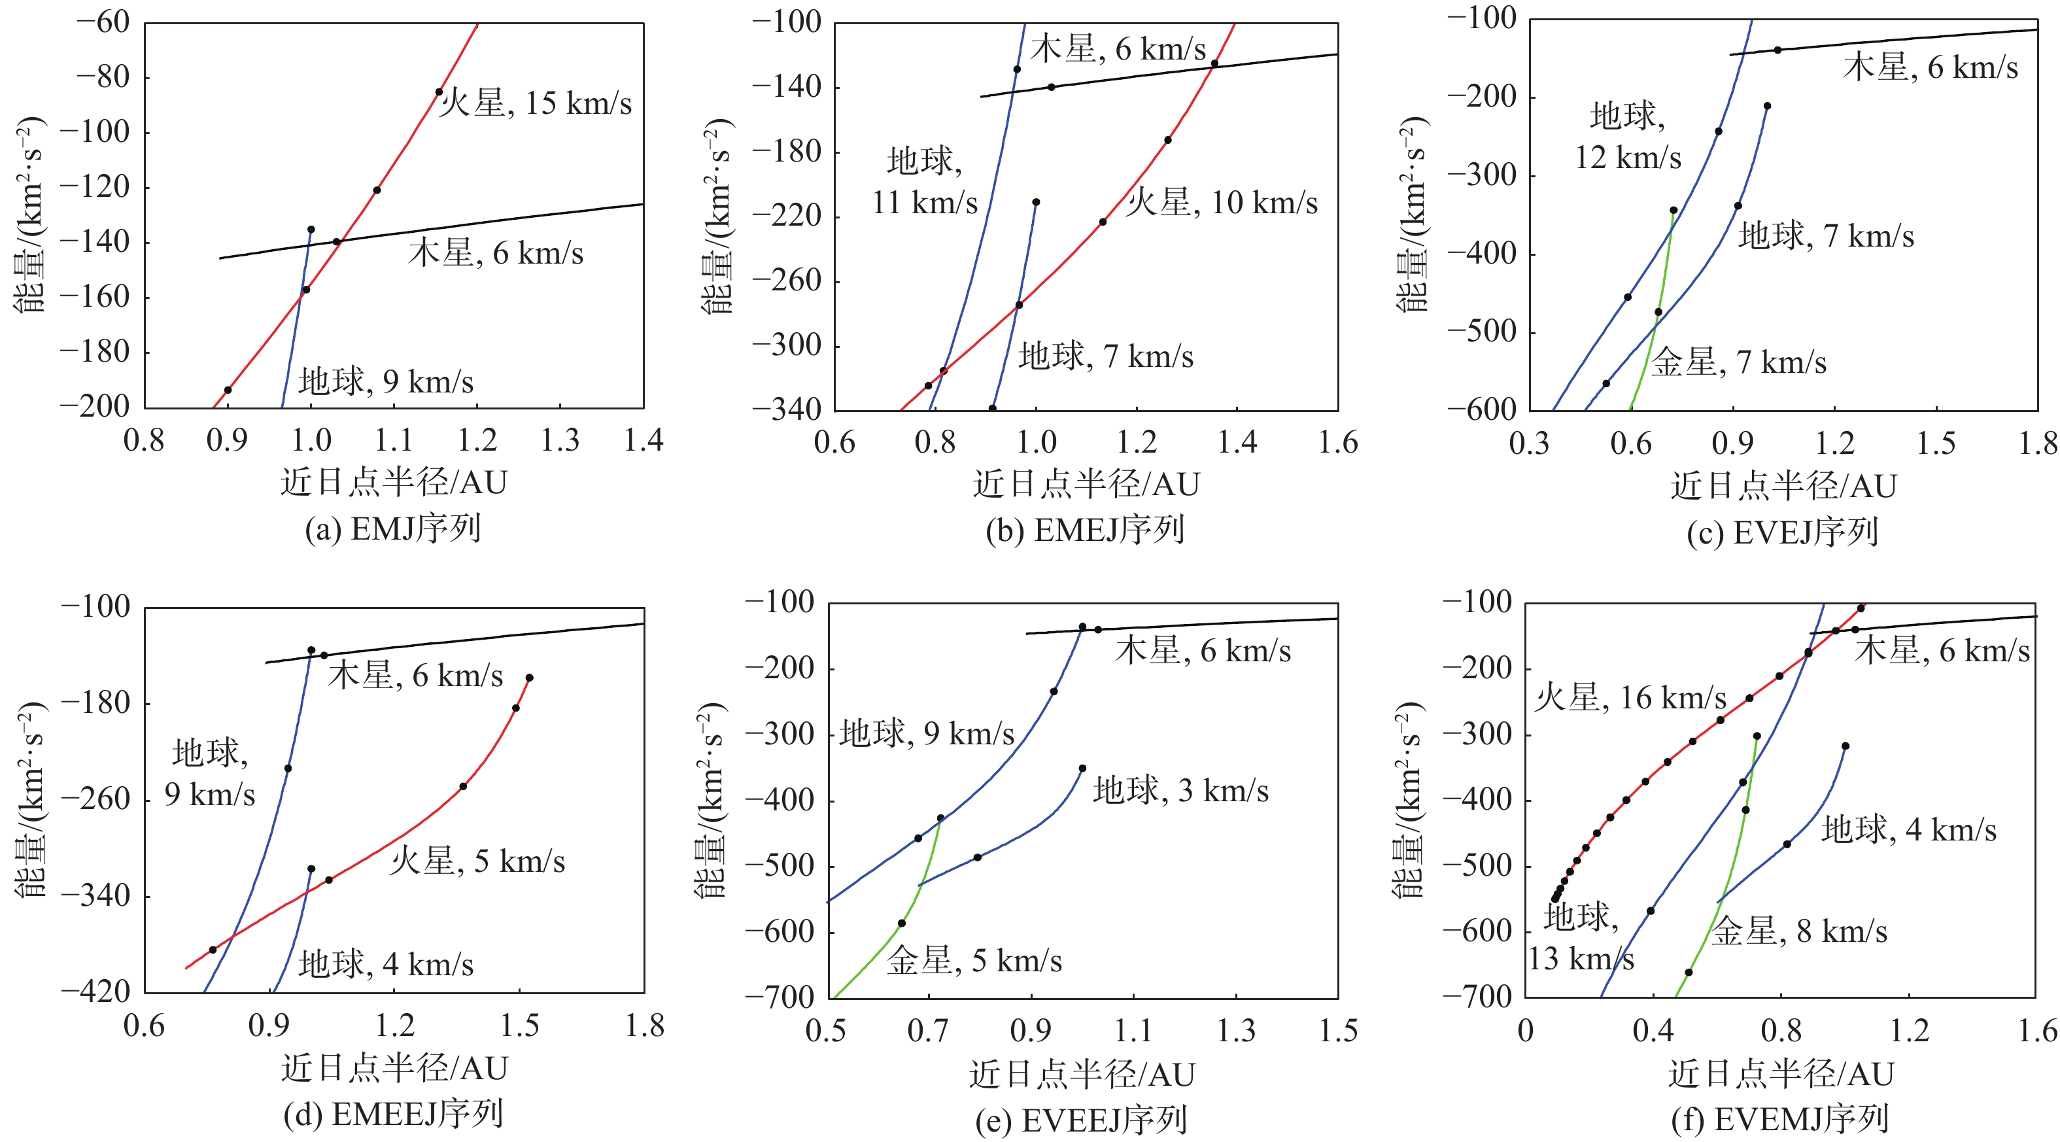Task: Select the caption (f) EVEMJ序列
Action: [x=1780, y=1119]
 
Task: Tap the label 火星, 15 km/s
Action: [x=535, y=103]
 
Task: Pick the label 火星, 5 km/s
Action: [x=477, y=861]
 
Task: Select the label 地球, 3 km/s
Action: [x=1180, y=790]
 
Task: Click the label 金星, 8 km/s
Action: [x=1799, y=931]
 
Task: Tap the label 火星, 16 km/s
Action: [x=1630, y=697]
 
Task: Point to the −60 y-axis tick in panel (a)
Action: [x=103, y=22]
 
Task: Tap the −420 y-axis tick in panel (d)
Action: [x=96, y=992]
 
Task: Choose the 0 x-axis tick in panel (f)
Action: [x=1525, y=1031]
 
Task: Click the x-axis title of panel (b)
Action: [x=1086, y=484]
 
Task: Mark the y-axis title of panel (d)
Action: [x=30, y=800]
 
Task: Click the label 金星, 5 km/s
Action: [x=974, y=960]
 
